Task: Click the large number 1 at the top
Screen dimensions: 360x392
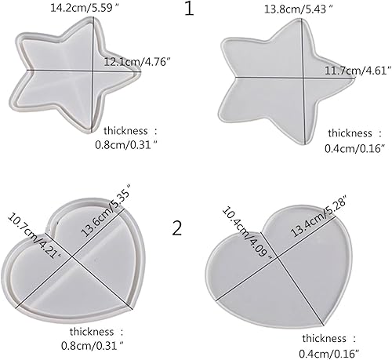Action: coord(189,10)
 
